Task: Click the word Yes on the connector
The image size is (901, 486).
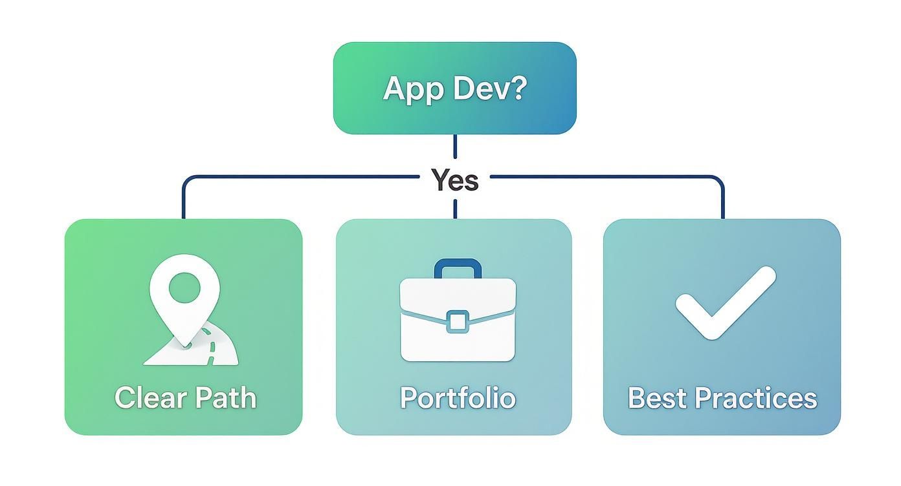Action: tap(455, 180)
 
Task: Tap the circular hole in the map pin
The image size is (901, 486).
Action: tap(184, 285)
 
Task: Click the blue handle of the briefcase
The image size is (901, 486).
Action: tap(458, 266)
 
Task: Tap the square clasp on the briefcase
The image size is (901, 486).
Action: tap(458, 321)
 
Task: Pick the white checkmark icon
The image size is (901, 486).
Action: tap(725, 302)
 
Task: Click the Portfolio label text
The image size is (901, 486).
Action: tap(458, 397)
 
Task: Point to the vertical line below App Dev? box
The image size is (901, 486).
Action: tap(455, 147)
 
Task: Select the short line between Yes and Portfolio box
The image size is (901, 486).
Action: tap(455, 208)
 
